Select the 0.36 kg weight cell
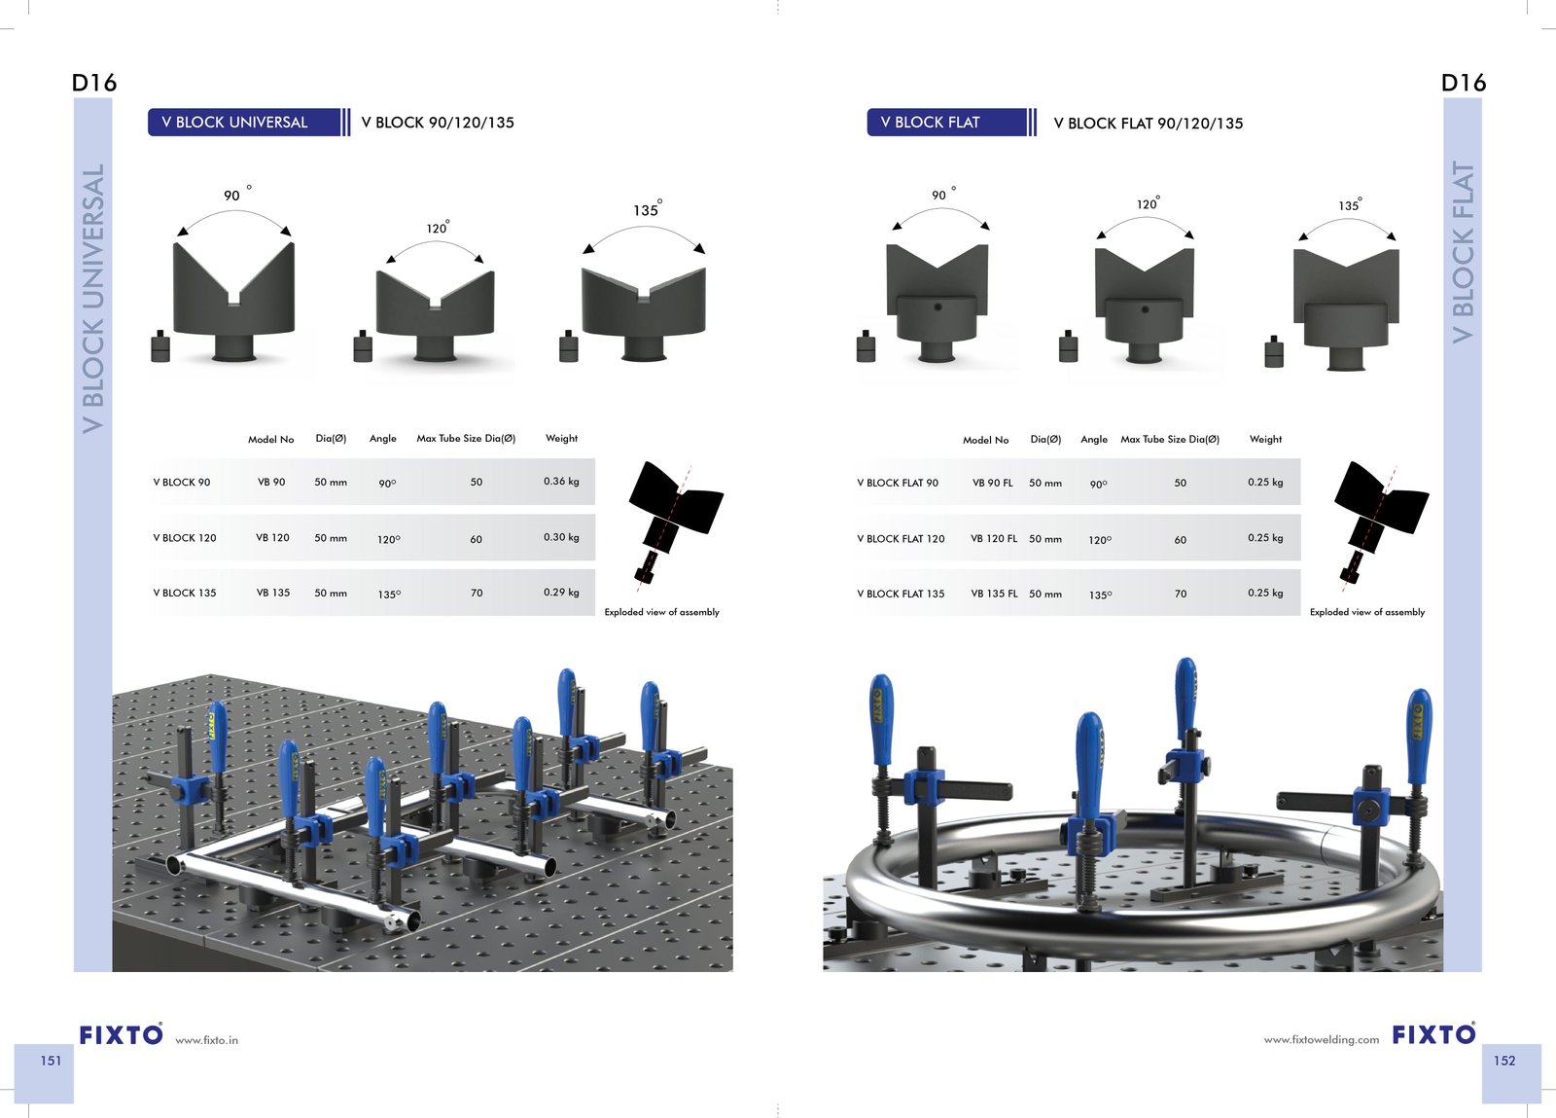pyautogui.click(x=561, y=481)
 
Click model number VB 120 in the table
pyautogui.click(x=272, y=537)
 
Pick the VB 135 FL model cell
pyautogui.click(x=994, y=594)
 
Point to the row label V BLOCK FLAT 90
pyautogui.click(x=898, y=483)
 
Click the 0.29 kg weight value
pyautogui.click(x=561, y=592)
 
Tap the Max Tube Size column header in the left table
pyautogui.click(x=466, y=439)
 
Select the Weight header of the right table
pyautogui.click(x=1265, y=439)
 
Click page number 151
pyautogui.click(x=51, y=1061)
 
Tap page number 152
pyautogui.click(x=1504, y=1061)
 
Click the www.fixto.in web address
pyautogui.click(x=206, y=1040)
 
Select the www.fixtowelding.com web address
pyautogui.click(x=1322, y=1039)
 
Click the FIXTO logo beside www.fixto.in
pyautogui.click(x=121, y=1034)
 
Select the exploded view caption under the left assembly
pyautogui.click(x=661, y=612)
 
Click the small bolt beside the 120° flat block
pyautogui.click(x=1069, y=346)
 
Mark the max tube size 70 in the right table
pyautogui.click(x=1181, y=595)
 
